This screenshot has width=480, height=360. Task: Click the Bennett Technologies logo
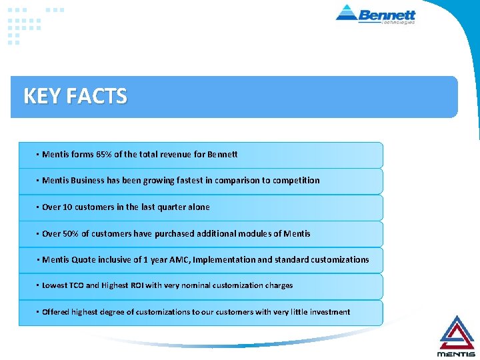point(377,14)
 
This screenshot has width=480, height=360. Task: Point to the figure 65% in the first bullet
point(107,155)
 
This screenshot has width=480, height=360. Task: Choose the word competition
point(293,181)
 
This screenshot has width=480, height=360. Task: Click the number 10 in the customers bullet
point(67,207)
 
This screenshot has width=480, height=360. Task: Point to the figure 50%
point(71,233)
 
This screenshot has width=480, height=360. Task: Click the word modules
point(252,233)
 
